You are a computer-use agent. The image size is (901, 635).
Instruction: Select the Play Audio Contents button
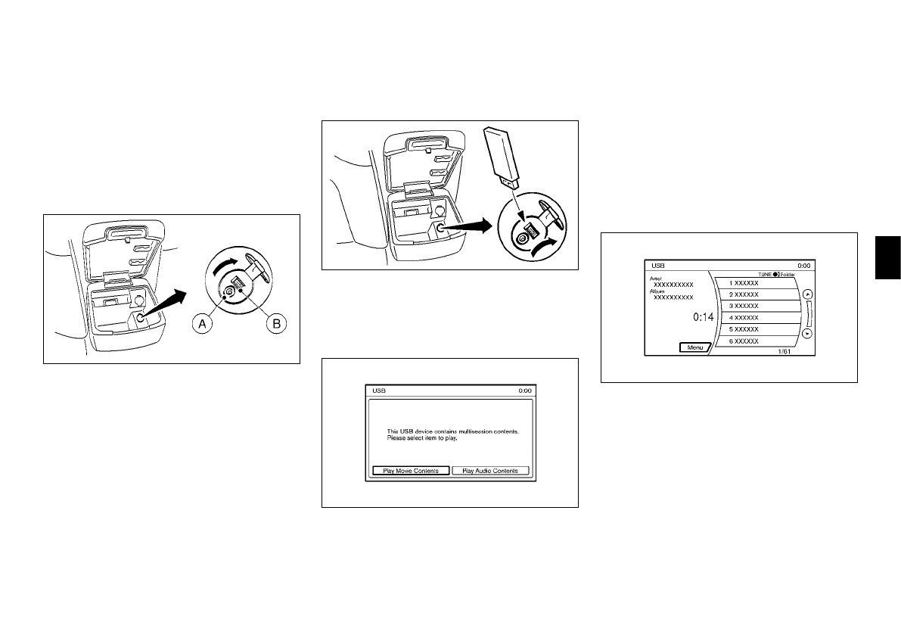click(x=490, y=471)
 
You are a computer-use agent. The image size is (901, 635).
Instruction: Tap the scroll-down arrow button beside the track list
click(x=807, y=332)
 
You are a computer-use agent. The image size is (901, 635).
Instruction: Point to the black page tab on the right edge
click(x=887, y=257)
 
